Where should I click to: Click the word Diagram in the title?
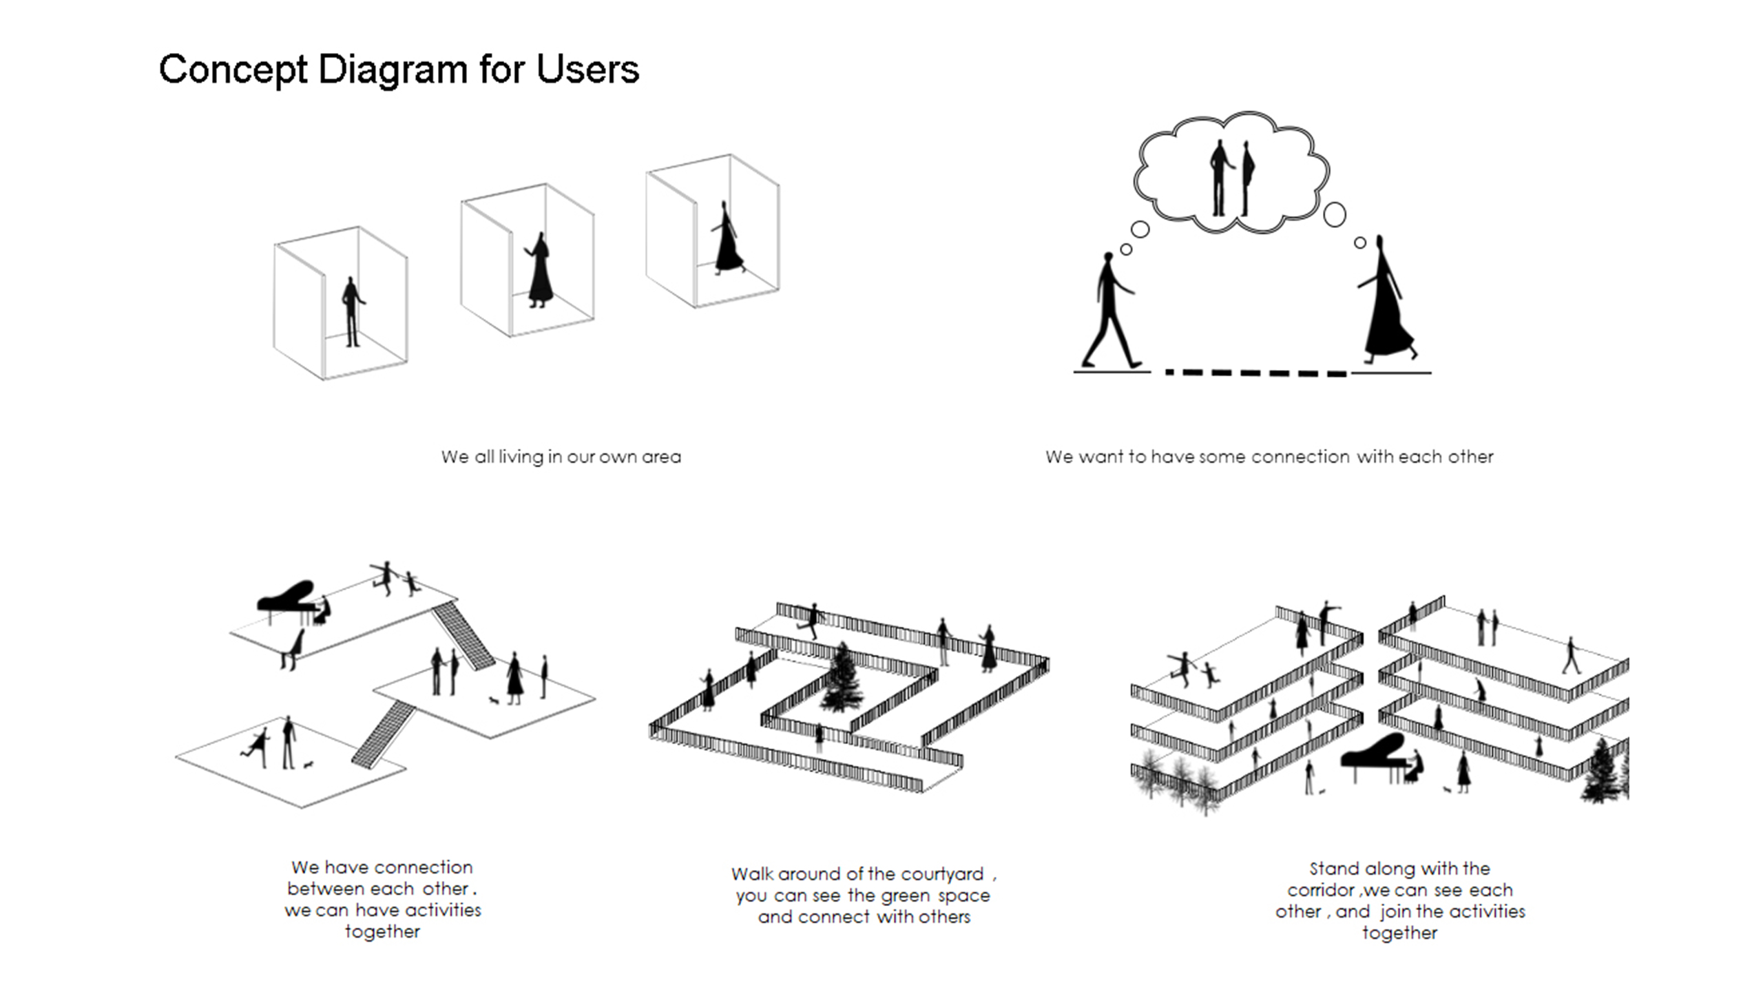[393, 70]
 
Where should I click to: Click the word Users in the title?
[587, 69]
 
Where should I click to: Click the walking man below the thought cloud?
[1107, 310]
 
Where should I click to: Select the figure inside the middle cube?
[540, 270]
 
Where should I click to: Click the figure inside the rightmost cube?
[727, 239]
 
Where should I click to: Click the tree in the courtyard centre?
[841, 678]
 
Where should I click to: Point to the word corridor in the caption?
[1321, 890]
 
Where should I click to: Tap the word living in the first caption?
[521, 457]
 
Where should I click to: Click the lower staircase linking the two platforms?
[383, 734]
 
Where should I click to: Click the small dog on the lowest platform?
[308, 765]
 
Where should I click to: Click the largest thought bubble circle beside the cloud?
[1334, 214]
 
